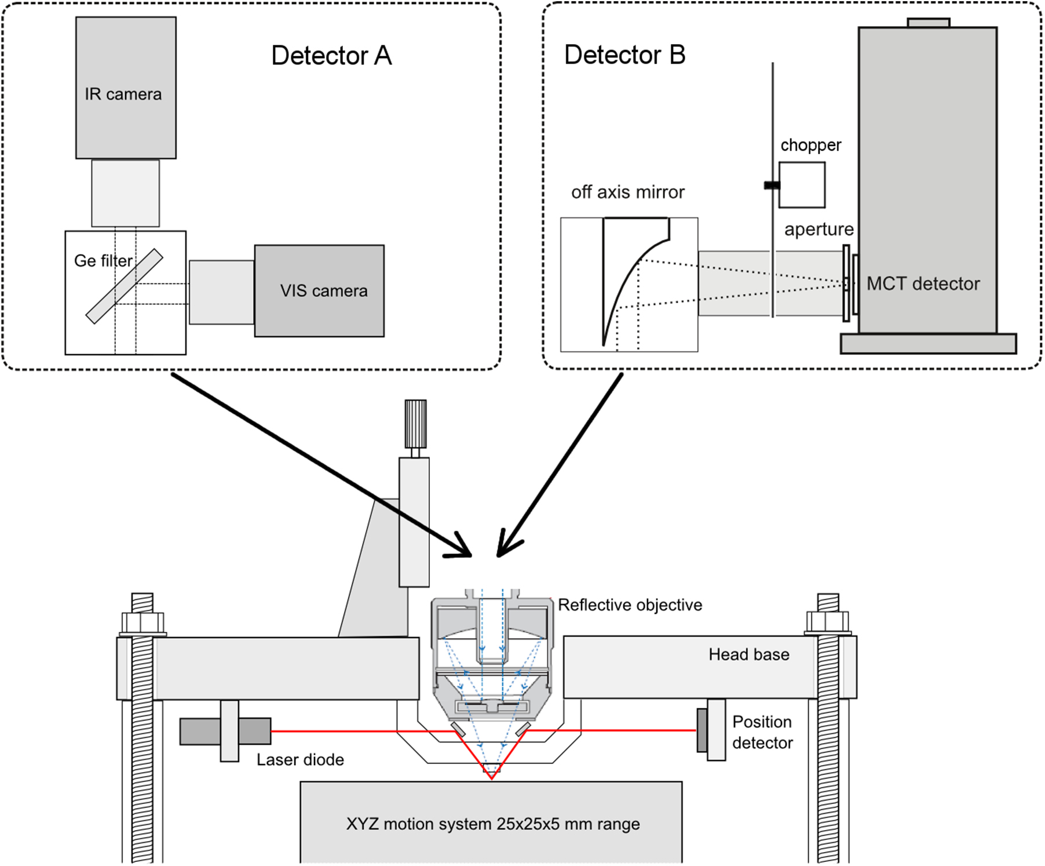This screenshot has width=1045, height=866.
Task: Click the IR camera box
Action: coord(126,87)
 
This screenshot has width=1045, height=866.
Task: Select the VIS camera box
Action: coord(319,290)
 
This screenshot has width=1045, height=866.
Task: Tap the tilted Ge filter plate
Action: coord(124,286)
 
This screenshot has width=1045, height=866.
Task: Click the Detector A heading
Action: coord(331,56)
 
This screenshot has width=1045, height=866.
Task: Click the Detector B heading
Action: coord(624,55)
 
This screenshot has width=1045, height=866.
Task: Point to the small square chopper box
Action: coord(802,185)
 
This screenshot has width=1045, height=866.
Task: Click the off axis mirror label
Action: coord(627,192)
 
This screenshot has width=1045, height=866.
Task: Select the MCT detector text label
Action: coord(923,283)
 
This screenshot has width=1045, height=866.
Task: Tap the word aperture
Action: coord(819,229)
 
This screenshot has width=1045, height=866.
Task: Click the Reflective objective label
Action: coord(630,605)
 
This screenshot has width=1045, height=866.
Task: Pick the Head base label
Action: coord(748,654)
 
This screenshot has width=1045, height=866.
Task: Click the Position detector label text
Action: coord(762,732)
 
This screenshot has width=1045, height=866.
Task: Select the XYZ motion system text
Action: coord(492,824)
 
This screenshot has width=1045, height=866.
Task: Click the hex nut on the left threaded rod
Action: coord(142,624)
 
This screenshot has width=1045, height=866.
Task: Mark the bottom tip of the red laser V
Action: coord(491,778)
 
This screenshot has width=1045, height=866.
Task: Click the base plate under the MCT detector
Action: coord(928,343)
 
